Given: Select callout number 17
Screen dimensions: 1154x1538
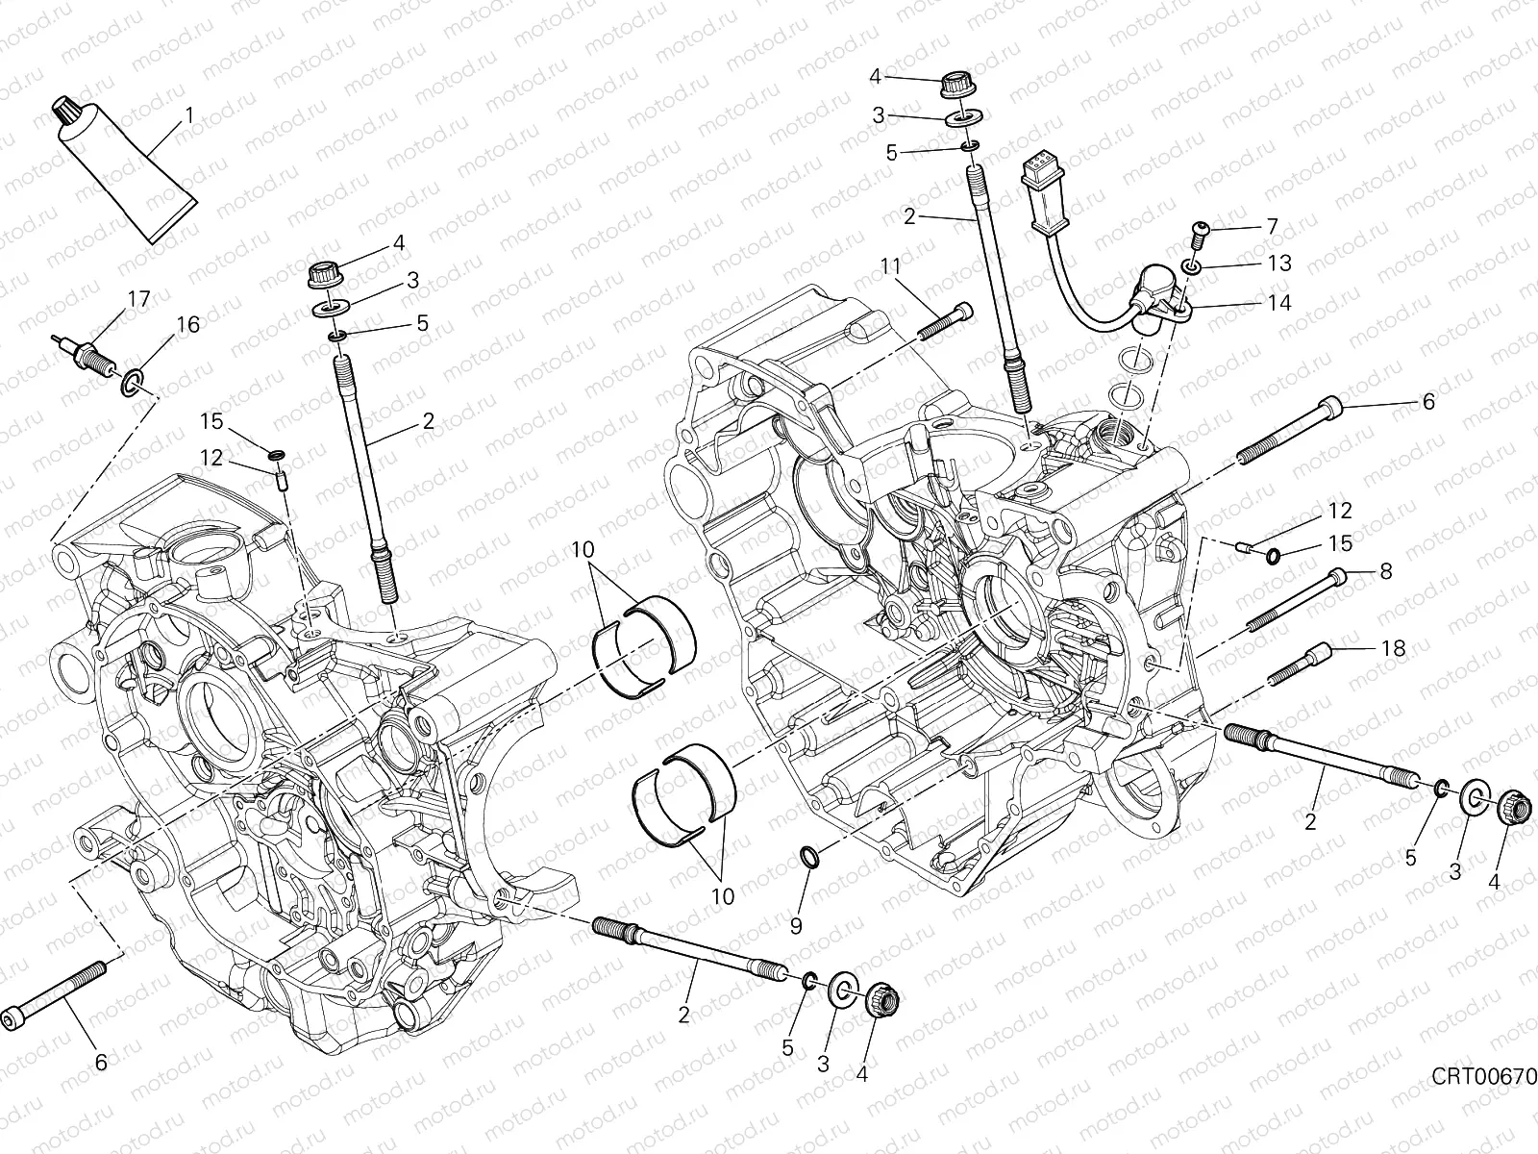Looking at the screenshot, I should click(x=138, y=299).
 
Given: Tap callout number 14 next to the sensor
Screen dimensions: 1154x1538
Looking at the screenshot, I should click(x=1278, y=302).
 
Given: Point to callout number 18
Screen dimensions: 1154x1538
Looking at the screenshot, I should click(x=1392, y=649).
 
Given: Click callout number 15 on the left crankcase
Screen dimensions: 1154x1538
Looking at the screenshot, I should click(x=212, y=420).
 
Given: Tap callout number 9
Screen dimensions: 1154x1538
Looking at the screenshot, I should click(x=795, y=925).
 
